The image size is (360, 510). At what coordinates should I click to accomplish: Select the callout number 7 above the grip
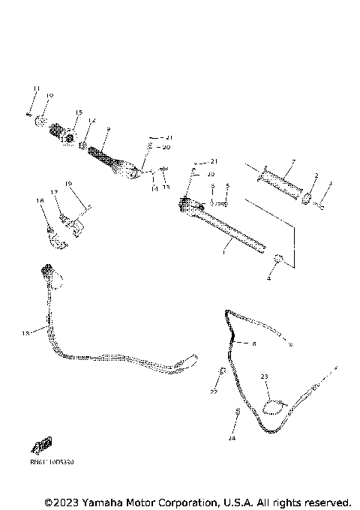293,161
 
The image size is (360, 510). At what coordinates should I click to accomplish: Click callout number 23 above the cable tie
264,376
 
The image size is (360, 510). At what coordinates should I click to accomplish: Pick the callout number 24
232,436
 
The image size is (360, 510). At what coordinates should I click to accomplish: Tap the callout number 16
40,201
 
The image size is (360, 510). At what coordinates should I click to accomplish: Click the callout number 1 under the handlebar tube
223,253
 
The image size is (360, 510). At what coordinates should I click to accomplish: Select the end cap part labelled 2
307,198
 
